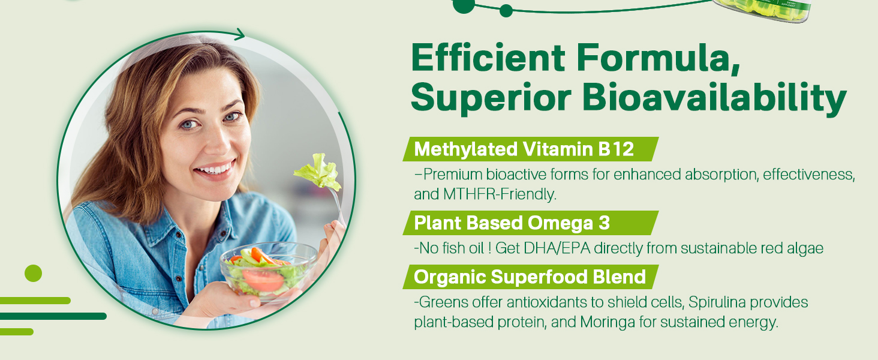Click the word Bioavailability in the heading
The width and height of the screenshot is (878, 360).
(714, 98)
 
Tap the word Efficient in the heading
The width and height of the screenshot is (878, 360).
(488, 58)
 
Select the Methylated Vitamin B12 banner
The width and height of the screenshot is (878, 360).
(530, 149)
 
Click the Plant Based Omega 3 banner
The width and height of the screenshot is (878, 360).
(530, 223)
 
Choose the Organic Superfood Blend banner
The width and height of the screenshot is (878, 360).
(530, 277)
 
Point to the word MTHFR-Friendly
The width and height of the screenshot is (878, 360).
(500, 194)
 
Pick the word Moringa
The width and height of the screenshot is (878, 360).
(608, 322)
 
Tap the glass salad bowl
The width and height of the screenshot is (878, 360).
(269, 271)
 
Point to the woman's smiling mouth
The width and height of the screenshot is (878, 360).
(215, 169)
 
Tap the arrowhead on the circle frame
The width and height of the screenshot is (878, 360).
(239, 34)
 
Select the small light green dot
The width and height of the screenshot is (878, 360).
(34, 274)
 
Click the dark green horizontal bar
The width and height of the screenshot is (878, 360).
(53, 316)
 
